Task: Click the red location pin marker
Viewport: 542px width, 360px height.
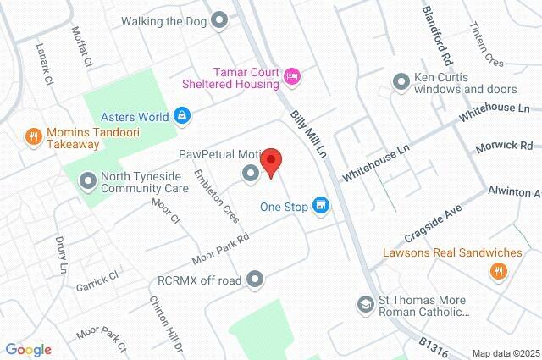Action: [x=271, y=161]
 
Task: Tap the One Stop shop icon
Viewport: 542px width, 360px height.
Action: [x=321, y=206]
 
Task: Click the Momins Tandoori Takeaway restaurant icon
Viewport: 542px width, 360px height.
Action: [x=33, y=135]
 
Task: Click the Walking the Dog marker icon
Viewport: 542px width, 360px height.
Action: [x=220, y=19]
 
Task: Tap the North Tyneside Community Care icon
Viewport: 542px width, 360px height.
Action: [x=87, y=180]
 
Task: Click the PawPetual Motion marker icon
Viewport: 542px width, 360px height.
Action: [x=250, y=174]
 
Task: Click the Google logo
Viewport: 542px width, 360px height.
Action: [x=28, y=350]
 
